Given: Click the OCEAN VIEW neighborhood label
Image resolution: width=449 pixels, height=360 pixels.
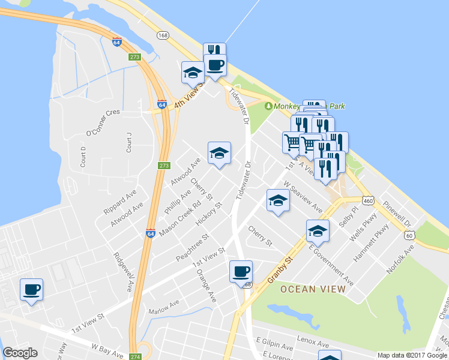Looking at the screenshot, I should (x=312, y=289).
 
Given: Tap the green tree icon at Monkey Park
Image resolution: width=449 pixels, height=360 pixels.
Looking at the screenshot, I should (x=268, y=106).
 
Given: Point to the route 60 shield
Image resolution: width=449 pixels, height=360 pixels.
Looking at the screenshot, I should (x=409, y=235).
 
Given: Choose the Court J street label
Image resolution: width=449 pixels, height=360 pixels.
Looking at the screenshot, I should (x=128, y=142).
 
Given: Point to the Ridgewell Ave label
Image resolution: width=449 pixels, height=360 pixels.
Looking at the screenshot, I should (x=122, y=272).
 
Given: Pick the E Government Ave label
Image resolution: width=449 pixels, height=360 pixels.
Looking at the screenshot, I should (x=331, y=264).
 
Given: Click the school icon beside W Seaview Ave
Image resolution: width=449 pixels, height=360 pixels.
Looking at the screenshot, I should (x=278, y=200).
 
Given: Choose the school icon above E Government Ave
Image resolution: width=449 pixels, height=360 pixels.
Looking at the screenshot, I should (x=318, y=230).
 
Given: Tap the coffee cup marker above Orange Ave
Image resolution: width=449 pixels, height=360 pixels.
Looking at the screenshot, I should (x=241, y=271).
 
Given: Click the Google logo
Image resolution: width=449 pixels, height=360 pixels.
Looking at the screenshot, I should (x=20, y=353).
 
